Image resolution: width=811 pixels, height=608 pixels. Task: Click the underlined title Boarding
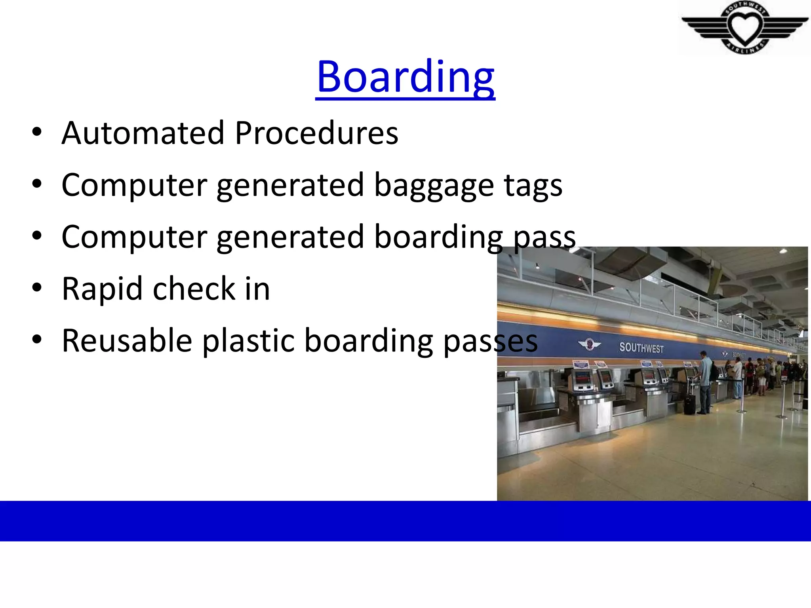[x=405, y=77]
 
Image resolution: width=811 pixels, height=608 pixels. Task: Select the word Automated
[x=143, y=133]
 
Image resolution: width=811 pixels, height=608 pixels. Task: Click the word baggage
[x=434, y=186]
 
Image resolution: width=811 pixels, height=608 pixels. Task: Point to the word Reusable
[x=127, y=341]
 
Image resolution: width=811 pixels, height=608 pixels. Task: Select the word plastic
[x=248, y=341]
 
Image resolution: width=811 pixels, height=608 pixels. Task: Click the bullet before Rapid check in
[x=37, y=288]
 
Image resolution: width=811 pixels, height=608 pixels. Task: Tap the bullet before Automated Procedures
[x=37, y=132]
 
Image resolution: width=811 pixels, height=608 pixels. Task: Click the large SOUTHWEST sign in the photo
[x=641, y=348]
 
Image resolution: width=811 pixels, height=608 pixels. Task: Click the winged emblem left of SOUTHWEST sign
[x=589, y=344]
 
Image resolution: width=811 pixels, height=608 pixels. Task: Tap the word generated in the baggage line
[x=290, y=186]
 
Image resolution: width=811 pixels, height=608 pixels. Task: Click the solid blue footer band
[x=405, y=521]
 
